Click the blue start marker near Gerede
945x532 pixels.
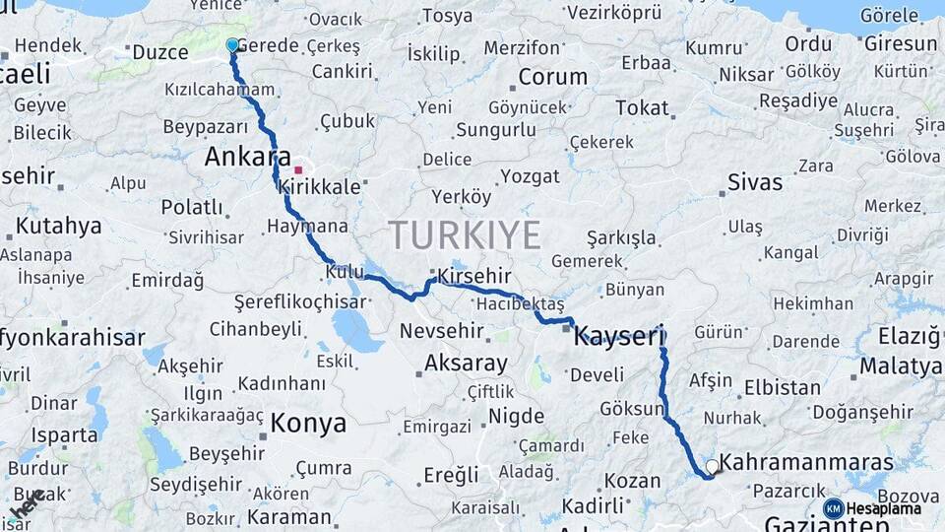pos(232,45)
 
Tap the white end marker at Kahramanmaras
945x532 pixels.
pos(712,466)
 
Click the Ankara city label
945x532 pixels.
pos(247,158)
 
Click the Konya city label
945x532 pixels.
pos(308,424)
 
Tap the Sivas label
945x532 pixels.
pos(755,182)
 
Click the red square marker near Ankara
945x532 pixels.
pos(298,169)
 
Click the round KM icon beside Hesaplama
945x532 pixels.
pos(833,508)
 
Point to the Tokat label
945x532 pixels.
pos(642,108)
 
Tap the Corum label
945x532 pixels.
pos(552,77)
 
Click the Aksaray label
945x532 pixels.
pos(466,364)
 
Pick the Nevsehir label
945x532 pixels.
pos(441,331)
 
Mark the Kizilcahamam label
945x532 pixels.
pos(220,90)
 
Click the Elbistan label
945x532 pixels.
pos(783,387)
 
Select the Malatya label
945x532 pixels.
pos(900,366)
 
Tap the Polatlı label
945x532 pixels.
pos(192,207)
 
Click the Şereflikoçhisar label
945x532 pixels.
pos(299,300)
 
